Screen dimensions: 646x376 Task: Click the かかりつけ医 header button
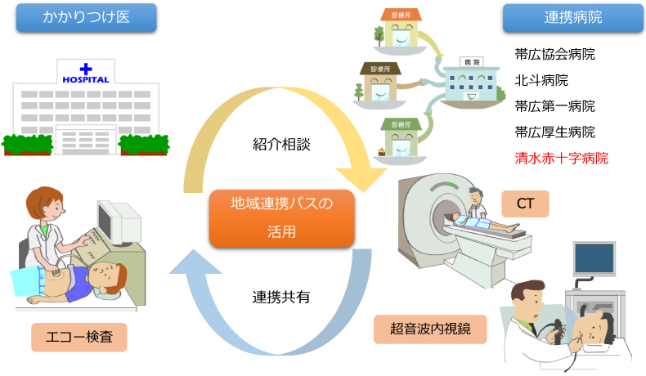87,17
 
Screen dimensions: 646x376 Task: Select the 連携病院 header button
573,18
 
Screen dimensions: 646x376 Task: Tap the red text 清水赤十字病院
561,158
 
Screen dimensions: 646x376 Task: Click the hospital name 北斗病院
541,80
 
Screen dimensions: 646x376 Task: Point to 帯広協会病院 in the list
554,54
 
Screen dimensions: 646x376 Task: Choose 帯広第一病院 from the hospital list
554,106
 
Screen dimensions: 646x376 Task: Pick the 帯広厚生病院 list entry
554,132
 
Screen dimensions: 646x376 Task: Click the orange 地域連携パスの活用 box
282,218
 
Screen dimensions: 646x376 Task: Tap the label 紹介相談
282,144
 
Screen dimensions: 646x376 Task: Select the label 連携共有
281,297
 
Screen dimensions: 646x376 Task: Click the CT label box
525,204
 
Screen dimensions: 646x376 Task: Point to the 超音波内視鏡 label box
430,329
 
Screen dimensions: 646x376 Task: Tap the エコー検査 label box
79,337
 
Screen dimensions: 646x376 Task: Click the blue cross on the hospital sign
86,69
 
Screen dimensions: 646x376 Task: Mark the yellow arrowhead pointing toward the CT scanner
361,178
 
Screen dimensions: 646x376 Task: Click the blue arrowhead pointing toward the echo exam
195,262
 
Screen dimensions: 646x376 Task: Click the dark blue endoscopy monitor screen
594,258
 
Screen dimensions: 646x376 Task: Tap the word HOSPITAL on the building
86,80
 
